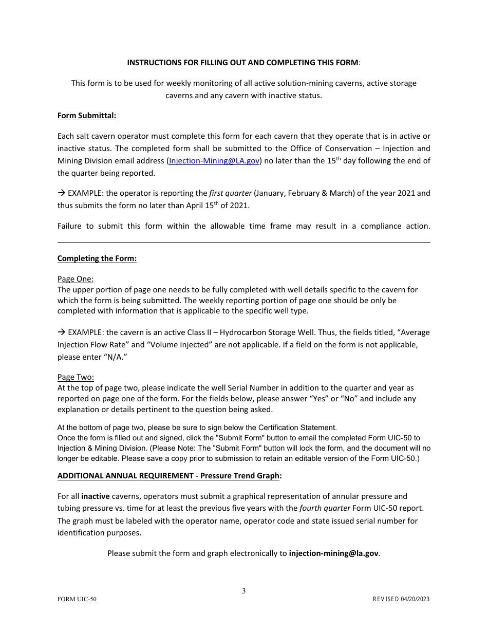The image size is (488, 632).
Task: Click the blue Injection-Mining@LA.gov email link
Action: pos(214,161)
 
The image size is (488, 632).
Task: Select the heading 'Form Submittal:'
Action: pos(87,116)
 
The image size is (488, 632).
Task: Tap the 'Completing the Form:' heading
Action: pos(97,258)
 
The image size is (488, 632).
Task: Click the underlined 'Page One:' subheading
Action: pos(76,279)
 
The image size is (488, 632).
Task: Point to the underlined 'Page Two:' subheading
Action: pos(76,377)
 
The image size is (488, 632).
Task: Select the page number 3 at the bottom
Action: pos(244,591)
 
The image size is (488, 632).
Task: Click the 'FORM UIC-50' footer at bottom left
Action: pos(77,599)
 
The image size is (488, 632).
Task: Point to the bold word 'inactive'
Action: pos(96,496)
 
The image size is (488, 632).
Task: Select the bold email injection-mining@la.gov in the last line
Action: pos(334,553)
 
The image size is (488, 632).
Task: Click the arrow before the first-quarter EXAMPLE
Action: pos(61,193)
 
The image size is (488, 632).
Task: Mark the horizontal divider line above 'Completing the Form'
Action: pos(244,242)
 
